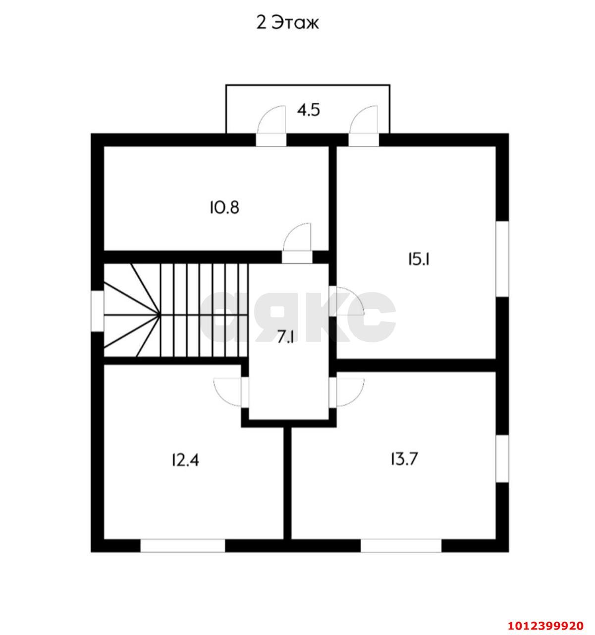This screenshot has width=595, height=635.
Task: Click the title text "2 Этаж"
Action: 287,23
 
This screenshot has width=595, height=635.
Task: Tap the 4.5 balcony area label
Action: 308,110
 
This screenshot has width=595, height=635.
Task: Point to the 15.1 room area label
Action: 418,259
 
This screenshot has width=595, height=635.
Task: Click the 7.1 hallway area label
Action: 286,337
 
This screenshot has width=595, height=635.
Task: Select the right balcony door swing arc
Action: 363,121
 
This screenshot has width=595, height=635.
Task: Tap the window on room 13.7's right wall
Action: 502,458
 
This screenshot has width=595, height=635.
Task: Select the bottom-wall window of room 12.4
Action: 183,546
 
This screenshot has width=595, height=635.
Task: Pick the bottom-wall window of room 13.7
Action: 401,546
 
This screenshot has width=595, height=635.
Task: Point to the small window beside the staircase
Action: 98,310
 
